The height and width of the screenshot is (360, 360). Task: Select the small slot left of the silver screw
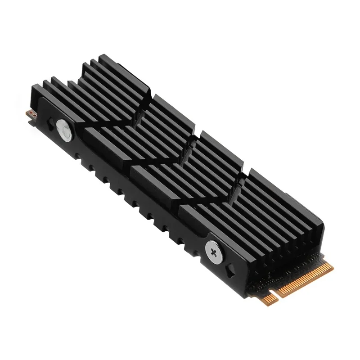[x=47, y=122]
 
